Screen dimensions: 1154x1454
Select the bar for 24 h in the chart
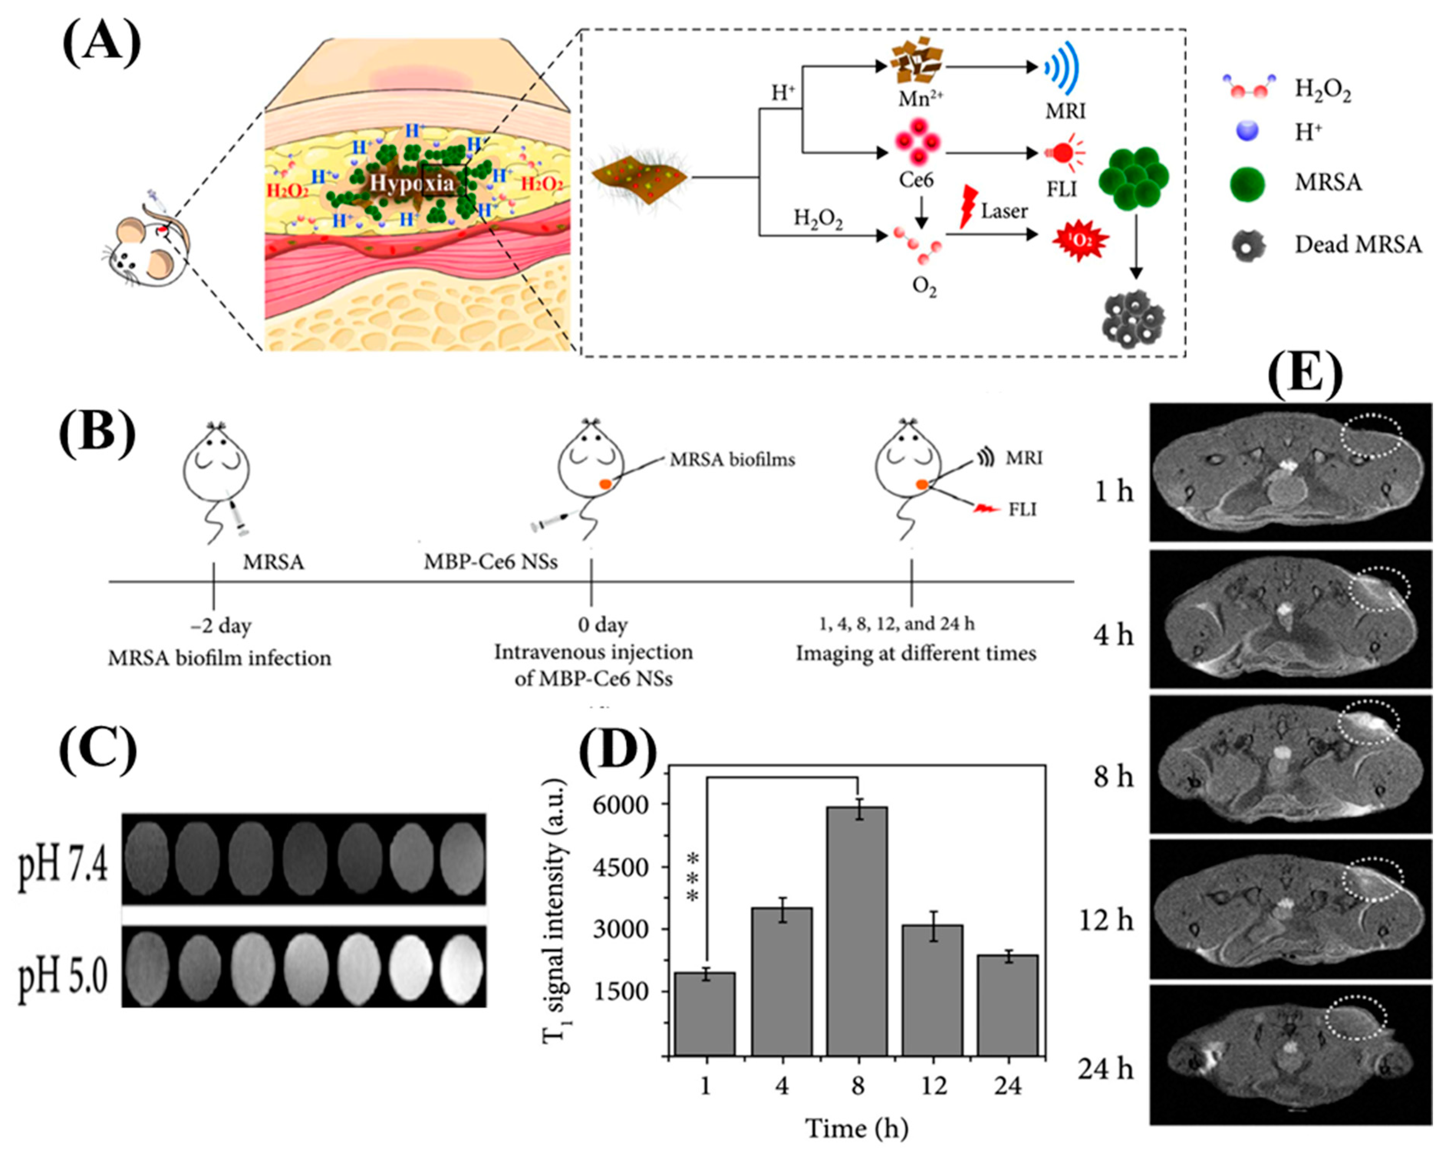pyautogui.click(x=1008, y=1005)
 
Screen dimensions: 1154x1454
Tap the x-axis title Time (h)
pyautogui.click(x=856, y=1128)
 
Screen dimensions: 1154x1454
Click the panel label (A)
pyautogui.click(x=101, y=42)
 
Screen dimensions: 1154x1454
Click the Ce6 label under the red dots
pyautogui.click(x=916, y=180)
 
